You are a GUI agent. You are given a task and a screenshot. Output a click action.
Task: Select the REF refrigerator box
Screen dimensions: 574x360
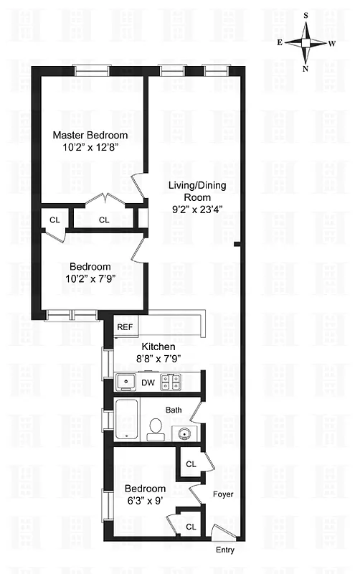pyautogui.click(x=125, y=327)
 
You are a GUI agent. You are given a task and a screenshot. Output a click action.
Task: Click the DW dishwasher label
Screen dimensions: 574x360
pyautogui.click(x=148, y=382)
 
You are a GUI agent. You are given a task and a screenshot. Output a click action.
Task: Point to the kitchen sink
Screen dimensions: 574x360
pyautogui.click(x=126, y=382)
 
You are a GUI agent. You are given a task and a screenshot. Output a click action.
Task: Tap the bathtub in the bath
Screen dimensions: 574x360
pyautogui.click(x=126, y=420)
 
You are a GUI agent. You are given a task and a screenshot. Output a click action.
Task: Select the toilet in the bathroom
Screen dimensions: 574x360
pyautogui.click(x=154, y=429)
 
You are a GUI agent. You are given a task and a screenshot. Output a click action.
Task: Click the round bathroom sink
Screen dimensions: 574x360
pyautogui.click(x=182, y=433)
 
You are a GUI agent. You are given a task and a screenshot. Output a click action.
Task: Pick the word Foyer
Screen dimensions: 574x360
pyautogui.click(x=223, y=494)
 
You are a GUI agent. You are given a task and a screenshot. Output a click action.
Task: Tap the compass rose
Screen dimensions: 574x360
pyautogui.click(x=306, y=42)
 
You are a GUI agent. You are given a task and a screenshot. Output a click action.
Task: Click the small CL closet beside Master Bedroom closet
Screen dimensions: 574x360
pyautogui.click(x=55, y=220)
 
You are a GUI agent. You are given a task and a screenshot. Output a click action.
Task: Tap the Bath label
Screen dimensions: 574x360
pyautogui.click(x=174, y=410)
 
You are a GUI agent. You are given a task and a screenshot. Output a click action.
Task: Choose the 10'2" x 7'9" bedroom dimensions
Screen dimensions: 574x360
pyautogui.click(x=91, y=279)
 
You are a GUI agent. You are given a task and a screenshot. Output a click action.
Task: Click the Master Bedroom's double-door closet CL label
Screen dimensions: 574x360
pyautogui.click(x=104, y=220)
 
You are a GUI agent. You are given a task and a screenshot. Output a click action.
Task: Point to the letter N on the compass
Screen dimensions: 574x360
pyautogui.click(x=306, y=69)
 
